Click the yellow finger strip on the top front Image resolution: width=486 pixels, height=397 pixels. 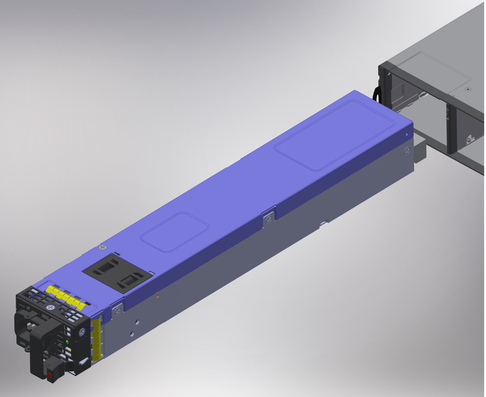[x=64, y=296]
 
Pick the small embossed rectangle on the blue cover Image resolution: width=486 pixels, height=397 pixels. [x=175, y=231]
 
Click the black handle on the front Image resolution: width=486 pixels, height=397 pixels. [x=37, y=348]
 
